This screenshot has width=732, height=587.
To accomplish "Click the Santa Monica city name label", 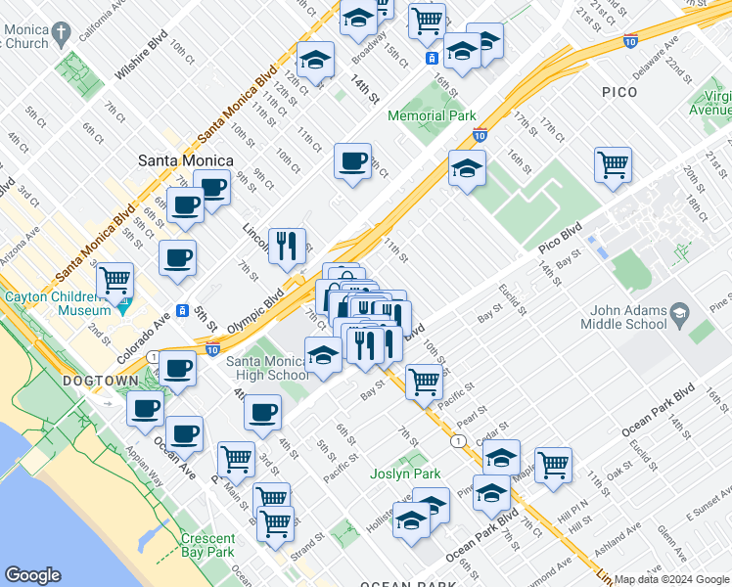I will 185,160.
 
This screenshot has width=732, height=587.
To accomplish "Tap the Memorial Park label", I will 432,115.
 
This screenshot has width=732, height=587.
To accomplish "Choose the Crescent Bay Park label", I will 207,545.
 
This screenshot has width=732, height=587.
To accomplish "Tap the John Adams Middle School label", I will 626,318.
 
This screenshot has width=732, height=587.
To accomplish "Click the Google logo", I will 32,575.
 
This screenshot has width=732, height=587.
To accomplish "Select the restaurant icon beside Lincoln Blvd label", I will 287,247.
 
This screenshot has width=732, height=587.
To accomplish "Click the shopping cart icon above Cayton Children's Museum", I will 115,280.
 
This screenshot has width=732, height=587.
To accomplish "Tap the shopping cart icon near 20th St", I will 613,164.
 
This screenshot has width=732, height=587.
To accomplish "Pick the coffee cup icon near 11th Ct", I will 352,160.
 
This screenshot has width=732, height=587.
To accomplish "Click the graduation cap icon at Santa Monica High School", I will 324,355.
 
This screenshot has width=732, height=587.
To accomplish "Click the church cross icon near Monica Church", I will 60,32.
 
